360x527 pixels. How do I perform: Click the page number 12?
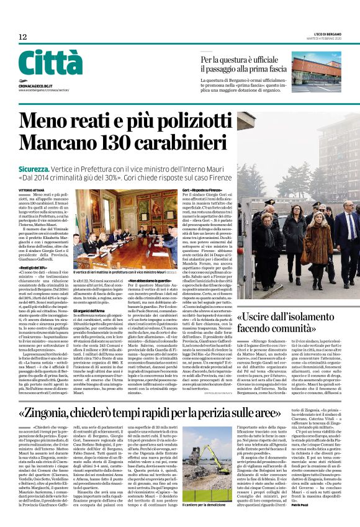pos(22,37)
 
